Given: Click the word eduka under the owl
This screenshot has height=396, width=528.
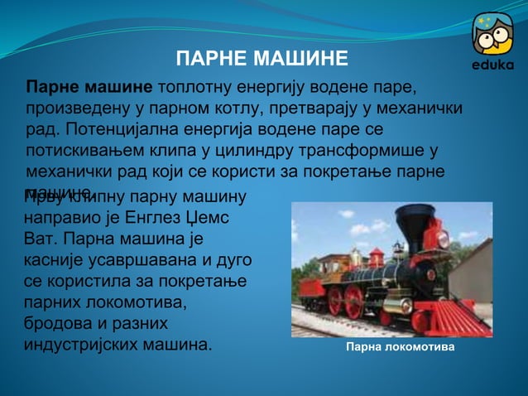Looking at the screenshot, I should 492,65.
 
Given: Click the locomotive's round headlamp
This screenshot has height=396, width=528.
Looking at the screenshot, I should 442,239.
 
